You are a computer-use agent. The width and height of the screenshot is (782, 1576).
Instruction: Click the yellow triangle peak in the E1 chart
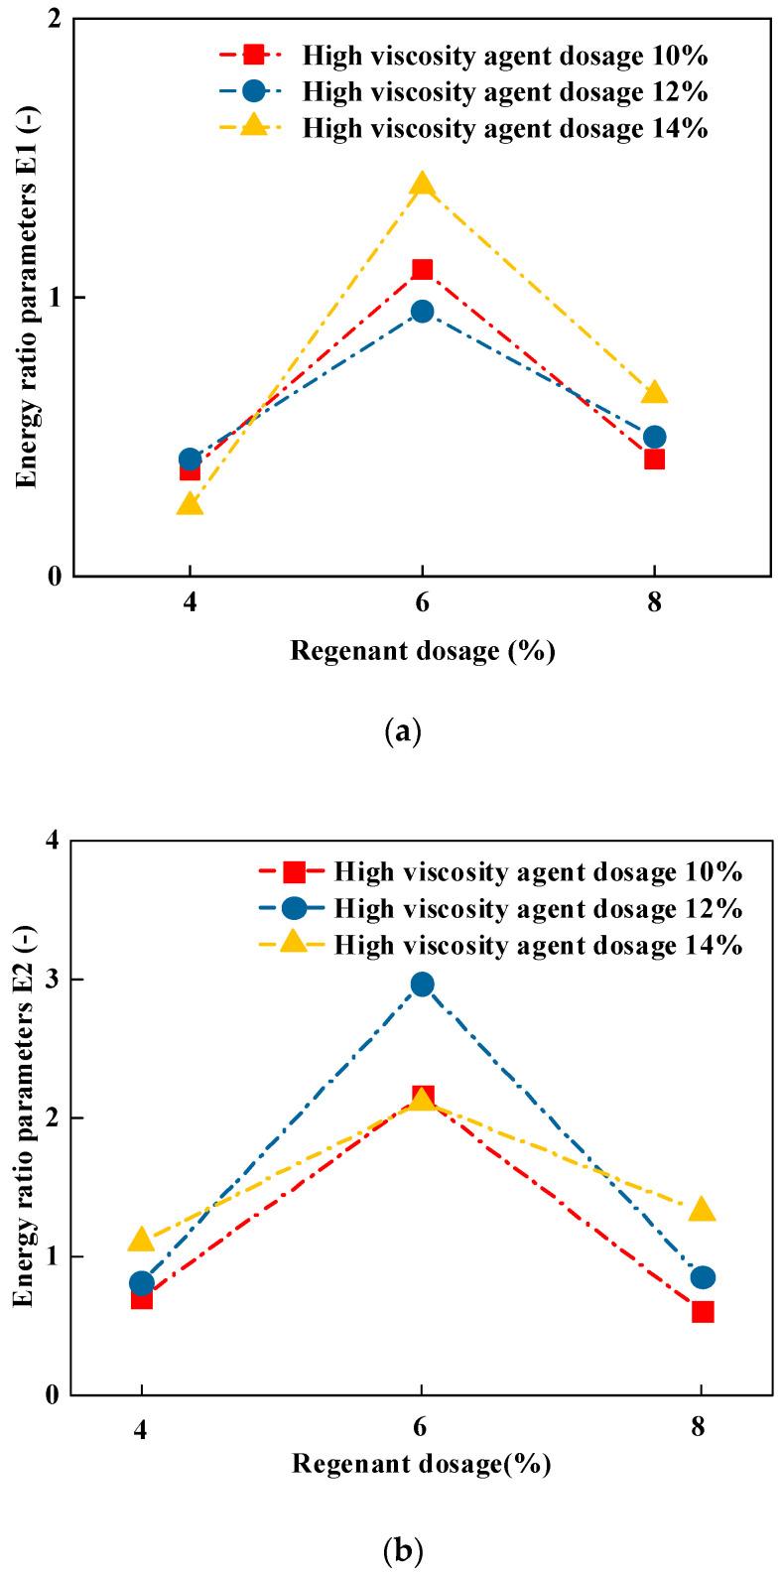click(x=422, y=185)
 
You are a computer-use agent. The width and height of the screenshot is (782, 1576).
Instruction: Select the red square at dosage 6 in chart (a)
click(x=422, y=269)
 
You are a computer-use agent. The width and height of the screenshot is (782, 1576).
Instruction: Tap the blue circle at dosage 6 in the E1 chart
click(x=422, y=312)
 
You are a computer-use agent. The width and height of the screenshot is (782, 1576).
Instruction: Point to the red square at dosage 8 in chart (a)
click(x=654, y=459)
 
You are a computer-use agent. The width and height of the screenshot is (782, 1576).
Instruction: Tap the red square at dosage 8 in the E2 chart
click(x=703, y=1312)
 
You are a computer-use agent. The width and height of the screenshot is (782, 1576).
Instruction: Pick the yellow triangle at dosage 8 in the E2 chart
click(x=703, y=1210)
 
